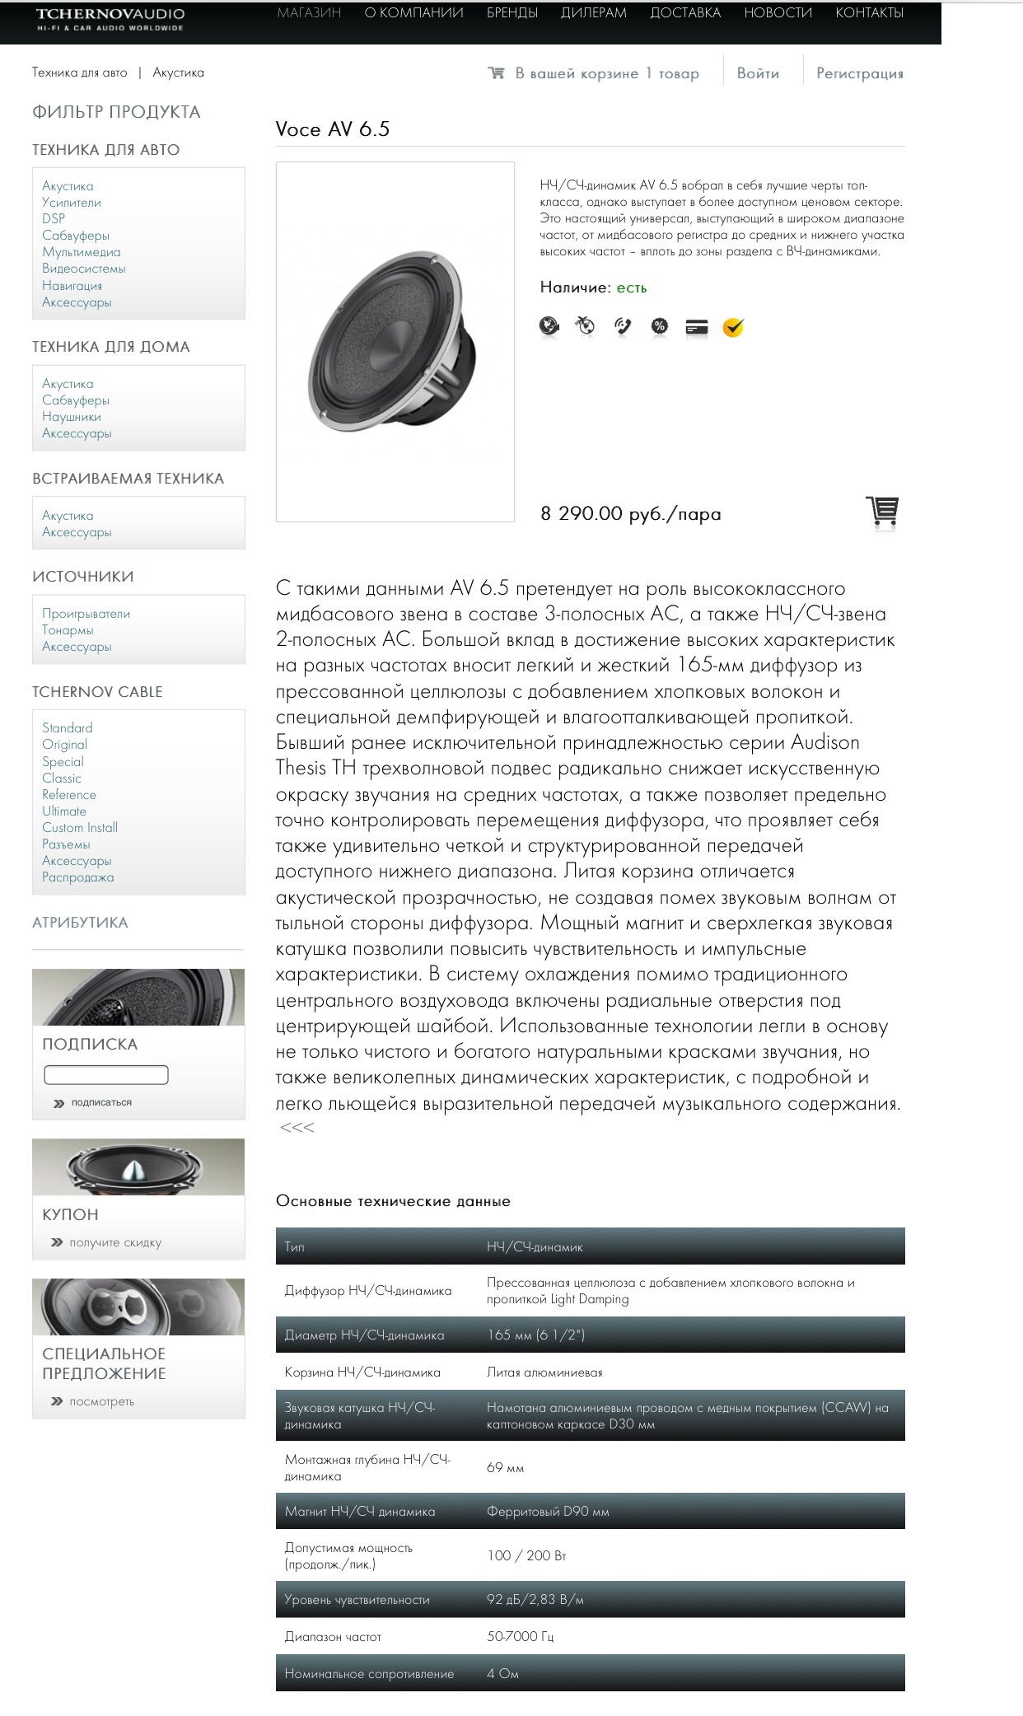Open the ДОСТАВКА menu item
point(684,13)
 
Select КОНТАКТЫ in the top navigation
point(869,13)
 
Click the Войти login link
point(758,73)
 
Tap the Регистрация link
point(859,73)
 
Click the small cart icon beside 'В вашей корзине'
point(496,73)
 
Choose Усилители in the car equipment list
point(72,203)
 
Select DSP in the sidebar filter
point(54,219)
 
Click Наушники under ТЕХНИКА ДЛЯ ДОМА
point(72,417)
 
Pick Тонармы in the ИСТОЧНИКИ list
point(68,630)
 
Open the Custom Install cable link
point(80,828)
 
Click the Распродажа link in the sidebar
point(78,877)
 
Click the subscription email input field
point(106,1075)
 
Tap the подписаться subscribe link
point(101,1102)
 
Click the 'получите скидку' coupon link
point(115,1242)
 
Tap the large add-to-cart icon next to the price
point(881,512)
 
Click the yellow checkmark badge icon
point(732,328)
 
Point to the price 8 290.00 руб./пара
point(630,514)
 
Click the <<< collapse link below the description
point(297,1128)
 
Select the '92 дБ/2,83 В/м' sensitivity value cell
point(535,1599)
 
